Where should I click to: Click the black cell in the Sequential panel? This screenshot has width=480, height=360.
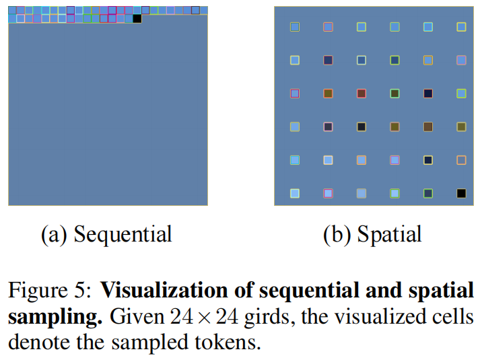tap(137, 19)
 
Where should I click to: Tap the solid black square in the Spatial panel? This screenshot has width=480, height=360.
tap(461, 193)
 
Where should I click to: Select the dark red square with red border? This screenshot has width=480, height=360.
tap(362, 94)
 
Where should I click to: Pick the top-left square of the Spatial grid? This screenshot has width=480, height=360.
tap(295, 27)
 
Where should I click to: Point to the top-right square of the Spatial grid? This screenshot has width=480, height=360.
tap(461, 27)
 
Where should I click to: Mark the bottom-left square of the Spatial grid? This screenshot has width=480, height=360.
tap(295, 193)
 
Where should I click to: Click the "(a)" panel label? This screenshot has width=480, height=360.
tap(54, 234)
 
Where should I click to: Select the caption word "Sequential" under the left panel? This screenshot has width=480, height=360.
tap(123, 234)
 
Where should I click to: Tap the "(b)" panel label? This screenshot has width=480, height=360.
tap(337, 234)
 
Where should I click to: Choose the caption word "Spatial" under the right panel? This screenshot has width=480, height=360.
tap(389, 234)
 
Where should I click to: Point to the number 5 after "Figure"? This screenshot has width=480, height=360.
tap(79, 292)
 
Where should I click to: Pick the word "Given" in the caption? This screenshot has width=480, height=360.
tap(132, 317)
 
